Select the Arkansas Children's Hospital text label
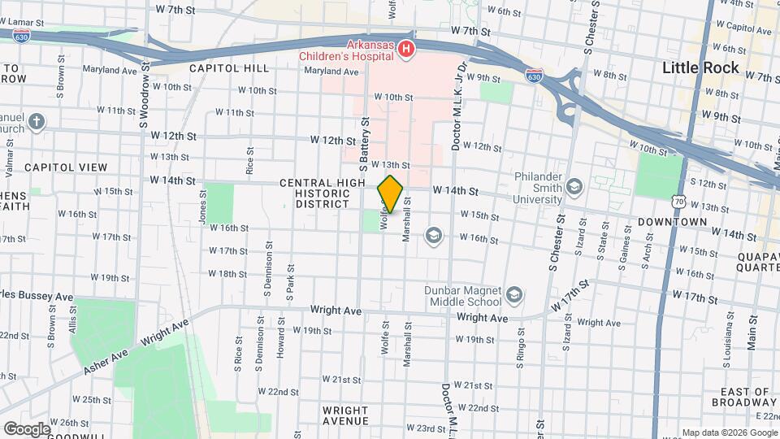click(x=346, y=50)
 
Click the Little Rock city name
click(x=700, y=67)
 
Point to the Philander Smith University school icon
click(x=575, y=187)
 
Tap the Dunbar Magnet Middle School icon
click(x=513, y=293)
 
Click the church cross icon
click(x=35, y=122)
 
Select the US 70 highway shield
click(x=678, y=200)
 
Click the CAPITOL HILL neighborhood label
click(x=224, y=69)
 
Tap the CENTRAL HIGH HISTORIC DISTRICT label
click(x=323, y=193)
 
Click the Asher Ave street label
click(x=107, y=359)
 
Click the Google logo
click(x=26, y=428)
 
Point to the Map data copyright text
click(x=728, y=432)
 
